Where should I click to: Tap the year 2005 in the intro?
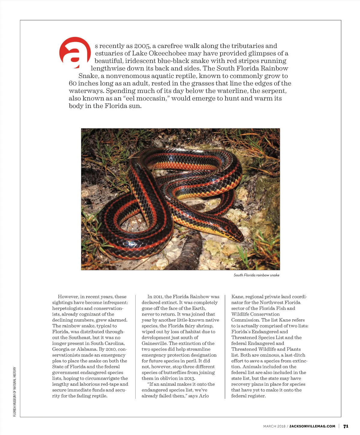(142, 46)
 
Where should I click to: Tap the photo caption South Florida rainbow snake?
(256, 275)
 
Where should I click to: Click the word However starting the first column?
(68, 297)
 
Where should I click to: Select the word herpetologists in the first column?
(67, 308)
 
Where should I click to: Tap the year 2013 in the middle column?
(189, 378)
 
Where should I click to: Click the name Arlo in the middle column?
(204, 396)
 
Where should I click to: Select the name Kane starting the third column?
(237, 297)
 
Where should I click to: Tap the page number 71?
(346, 426)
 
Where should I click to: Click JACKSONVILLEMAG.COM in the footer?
(312, 426)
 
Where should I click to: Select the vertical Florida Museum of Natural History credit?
(15, 391)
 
